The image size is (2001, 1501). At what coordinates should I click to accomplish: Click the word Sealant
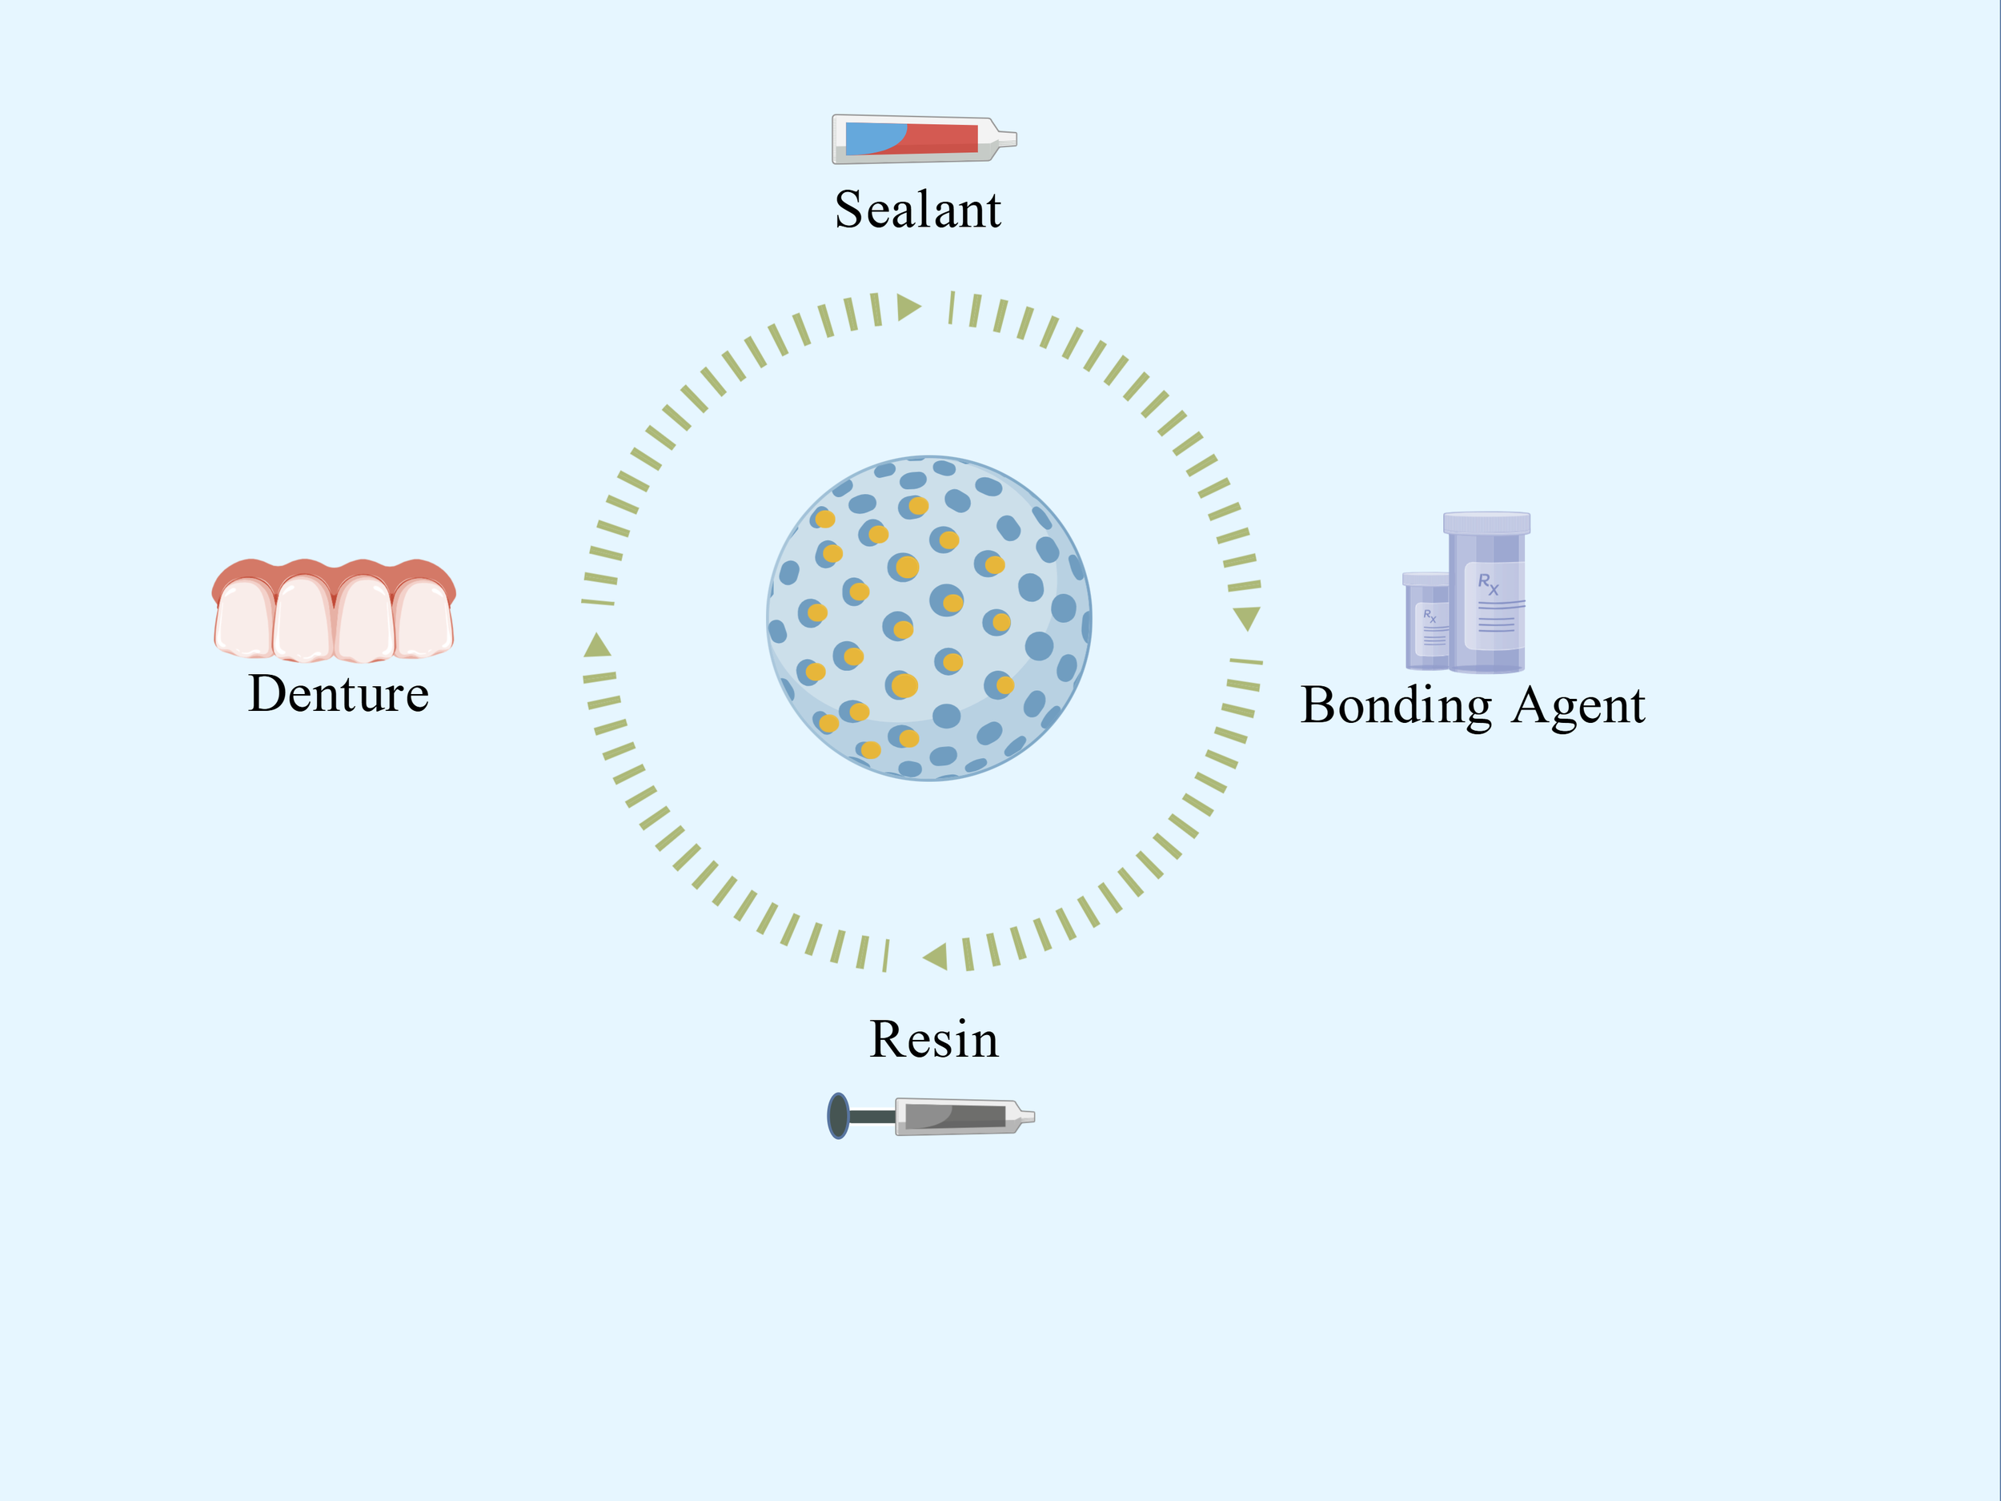click(917, 210)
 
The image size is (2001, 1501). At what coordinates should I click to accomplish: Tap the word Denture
click(339, 694)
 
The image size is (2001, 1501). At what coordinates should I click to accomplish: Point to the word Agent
click(1578, 706)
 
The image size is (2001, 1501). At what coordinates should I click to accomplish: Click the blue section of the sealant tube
click(870, 138)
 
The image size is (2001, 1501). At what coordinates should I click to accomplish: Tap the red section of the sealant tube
click(945, 138)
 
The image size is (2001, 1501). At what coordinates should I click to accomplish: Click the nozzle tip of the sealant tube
click(1008, 139)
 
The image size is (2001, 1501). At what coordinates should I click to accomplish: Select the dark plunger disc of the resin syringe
click(839, 1116)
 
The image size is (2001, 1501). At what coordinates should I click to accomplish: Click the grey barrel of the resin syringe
click(954, 1116)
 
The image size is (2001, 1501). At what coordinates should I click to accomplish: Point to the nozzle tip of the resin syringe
click(1027, 1117)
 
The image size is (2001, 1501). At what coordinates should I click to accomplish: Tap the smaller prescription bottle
click(1426, 624)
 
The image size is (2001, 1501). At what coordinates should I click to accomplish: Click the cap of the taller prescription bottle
click(1486, 523)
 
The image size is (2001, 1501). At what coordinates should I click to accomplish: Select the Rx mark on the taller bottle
click(1487, 583)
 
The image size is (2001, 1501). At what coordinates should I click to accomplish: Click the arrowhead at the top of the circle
click(908, 307)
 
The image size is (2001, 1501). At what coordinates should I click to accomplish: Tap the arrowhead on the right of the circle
click(1246, 618)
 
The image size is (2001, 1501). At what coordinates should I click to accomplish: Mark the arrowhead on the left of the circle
click(597, 646)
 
